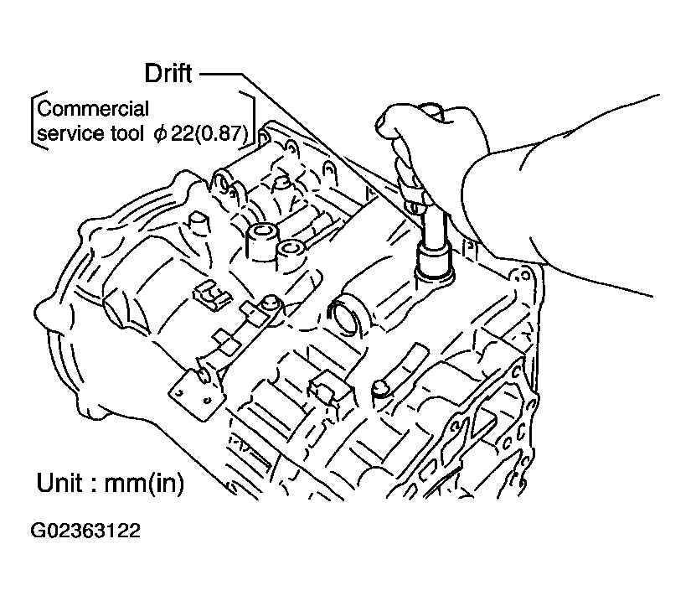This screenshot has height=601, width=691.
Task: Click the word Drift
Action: (168, 74)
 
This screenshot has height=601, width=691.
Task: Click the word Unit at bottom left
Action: (64, 484)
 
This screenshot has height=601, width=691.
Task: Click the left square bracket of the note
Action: (34, 121)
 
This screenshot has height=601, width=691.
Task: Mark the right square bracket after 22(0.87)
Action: (250, 121)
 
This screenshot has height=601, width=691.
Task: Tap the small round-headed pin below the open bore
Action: (379, 386)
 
